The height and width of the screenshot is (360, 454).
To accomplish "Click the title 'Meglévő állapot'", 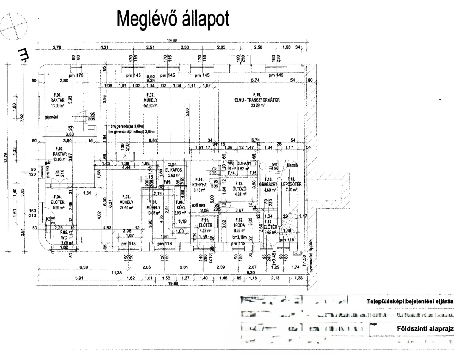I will pos(173,18).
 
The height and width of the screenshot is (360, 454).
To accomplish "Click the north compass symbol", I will pos(14,26).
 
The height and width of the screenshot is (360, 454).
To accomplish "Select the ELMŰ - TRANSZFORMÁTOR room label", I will pos(257,100).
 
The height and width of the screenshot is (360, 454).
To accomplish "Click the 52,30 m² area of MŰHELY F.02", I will pos(150,106).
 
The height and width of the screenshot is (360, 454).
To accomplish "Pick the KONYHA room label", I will pos(199,185).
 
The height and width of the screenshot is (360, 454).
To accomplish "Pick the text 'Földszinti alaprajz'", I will pos(425,328).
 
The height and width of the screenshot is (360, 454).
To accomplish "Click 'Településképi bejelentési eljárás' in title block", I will pos(410,301).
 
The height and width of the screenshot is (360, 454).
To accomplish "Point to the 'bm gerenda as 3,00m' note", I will pos(127,126).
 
